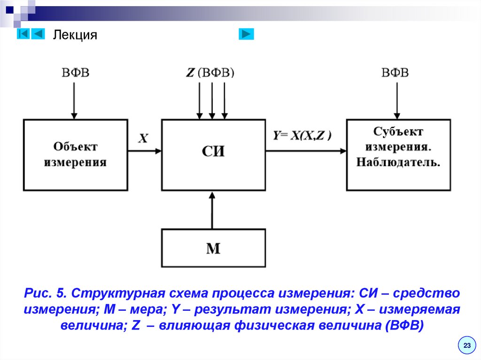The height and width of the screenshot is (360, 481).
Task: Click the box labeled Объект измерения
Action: point(75,154)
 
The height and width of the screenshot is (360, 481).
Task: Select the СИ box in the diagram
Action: point(213,154)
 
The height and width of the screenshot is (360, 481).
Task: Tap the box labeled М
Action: point(213,248)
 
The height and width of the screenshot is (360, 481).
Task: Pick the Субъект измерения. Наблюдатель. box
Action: point(398,154)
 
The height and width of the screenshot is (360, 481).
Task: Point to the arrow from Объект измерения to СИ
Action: point(144,151)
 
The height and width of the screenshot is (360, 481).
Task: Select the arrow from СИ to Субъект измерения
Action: point(305,151)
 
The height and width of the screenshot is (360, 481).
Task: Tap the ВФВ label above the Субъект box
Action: point(395,73)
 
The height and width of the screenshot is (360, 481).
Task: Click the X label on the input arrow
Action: point(143,138)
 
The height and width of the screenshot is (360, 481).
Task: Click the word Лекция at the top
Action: point(75,35)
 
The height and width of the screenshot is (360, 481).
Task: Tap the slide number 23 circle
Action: point(467,345)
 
